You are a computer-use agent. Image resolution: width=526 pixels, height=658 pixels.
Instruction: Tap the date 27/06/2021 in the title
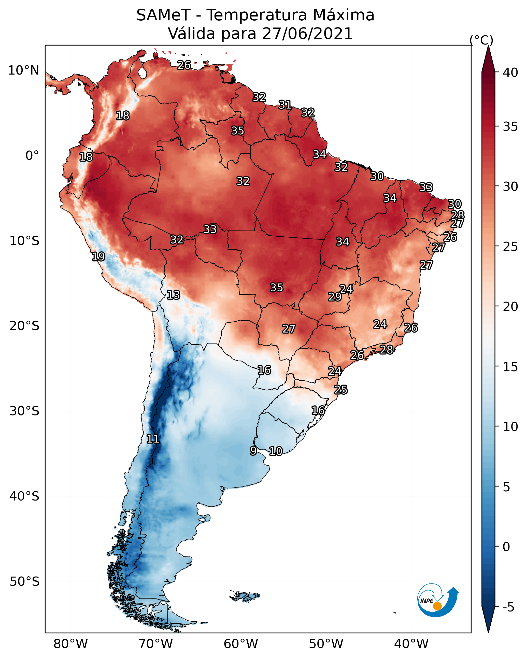(307, 34)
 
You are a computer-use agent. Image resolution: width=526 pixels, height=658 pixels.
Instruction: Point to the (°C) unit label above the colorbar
(481, 40)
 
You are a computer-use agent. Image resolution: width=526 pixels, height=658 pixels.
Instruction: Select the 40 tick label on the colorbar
(510, 73)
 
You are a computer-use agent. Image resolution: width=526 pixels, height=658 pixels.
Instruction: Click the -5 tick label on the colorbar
(508, 607)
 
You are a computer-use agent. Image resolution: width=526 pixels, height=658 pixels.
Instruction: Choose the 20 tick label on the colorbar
(510, 306)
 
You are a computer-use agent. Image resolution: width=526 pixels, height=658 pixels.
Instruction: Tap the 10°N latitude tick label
(23, 70)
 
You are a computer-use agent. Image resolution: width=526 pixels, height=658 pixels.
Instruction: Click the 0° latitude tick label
(32, 156)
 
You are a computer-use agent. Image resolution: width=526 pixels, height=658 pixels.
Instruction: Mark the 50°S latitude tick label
(24, 582)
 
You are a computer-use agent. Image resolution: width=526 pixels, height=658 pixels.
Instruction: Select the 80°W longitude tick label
(70, 644)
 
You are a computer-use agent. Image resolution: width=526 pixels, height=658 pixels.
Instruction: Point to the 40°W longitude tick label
(411, 644)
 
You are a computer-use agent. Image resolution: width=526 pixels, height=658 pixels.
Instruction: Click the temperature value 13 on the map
(173, 295)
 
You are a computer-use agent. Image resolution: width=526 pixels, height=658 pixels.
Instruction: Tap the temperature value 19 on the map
(98, 256)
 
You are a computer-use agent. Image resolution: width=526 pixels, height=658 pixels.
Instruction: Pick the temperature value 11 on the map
(153, 439)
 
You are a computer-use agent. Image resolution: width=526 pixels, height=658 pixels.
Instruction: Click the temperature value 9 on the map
(253, 450)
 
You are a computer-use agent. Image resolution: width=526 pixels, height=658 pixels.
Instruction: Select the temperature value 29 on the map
(335, 296)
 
